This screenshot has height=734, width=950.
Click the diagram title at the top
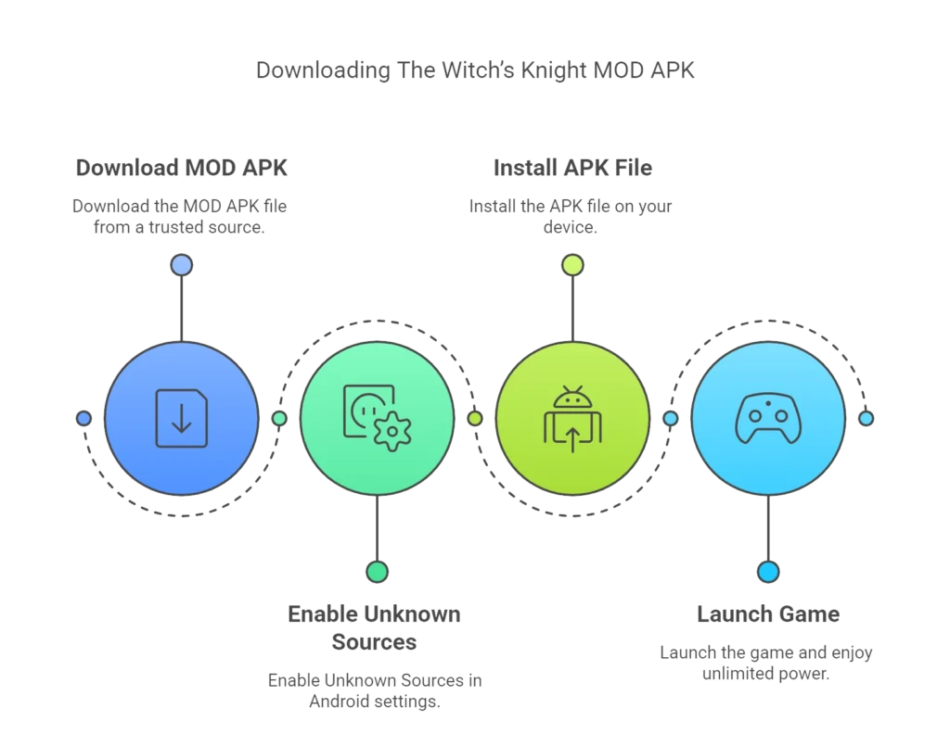pyautogui.click(x=475, y=70)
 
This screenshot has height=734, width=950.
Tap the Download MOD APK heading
pyautogui.click(x=182, y=168)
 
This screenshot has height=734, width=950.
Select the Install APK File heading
pyautogui.click(x=571, y=168)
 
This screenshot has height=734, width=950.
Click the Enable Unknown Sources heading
pyautogui.click(x=375, y=626)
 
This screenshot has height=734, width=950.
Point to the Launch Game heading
pyautogui.click(x=768, y=614)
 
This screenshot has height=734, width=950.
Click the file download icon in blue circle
pyautogui.click(x=181, y=419)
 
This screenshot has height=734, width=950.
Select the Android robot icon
pyautogui.click(x=572, y=400)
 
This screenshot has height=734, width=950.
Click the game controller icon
pyautogui.click(x=768, y=419)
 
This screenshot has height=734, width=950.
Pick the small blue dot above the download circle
pyautogui.click(x=181, y=266)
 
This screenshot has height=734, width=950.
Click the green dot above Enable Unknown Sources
pyautogui.click(x=377, y=572)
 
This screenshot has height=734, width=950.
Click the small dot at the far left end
pyautogui.click(x=84, y=419)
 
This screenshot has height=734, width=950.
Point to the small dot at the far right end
pyautogui.click(x=866, y=419)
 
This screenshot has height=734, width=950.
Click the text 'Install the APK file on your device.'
pyautogui.click(x=571, y=215)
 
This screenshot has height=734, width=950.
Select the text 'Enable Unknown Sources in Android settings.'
pyautogui.click(x=375, y=691)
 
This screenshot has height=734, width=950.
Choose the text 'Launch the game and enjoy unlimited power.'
pyautogui.click(x=768, y=664)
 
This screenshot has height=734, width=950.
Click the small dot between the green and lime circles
pyautogui.click(x=475, y=419)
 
